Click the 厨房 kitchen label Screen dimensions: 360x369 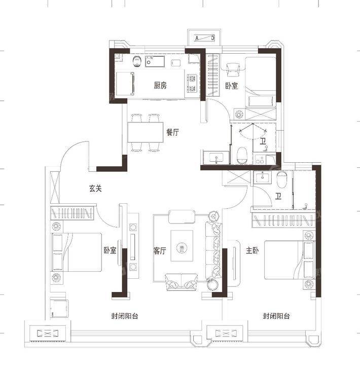[x=160, y=86]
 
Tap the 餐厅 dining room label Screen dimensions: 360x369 [x=172, y=132]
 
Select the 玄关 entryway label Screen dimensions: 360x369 [x=95, y=188]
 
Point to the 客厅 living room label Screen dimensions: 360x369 [x=160, y=250]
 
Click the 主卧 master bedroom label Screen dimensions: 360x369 [x=252, y=250]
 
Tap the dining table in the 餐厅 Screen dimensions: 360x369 [x=146, y=132]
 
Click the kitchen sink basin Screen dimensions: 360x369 [x=155, y=61]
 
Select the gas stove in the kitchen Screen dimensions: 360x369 [x=192, y=83]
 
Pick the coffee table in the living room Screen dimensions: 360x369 [x=182, y=246]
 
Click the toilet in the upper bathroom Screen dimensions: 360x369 [x=242, y=156]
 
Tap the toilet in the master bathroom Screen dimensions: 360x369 [x=281, y=179]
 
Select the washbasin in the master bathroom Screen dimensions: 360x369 [x=262, y=177]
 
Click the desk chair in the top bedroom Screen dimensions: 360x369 [x=233, y=69]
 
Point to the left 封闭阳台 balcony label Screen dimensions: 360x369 [x=125, y=316]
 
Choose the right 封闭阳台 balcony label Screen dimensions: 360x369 [x=276, y=316]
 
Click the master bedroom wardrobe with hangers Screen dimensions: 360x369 [x=283, y=220]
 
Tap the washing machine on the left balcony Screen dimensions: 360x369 [x=59, y=309]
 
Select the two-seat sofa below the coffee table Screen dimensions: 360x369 [x=182, y=282]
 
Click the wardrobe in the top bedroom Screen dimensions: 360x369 [x=213, y=75]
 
